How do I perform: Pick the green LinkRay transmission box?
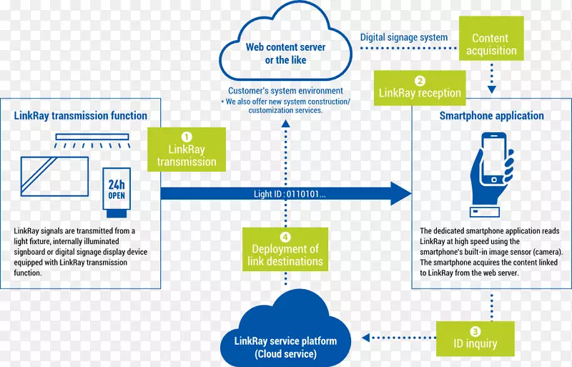coord(187,150)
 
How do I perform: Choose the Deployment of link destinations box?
coord(285,250)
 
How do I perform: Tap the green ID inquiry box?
coord(475,338)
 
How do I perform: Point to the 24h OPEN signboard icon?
coord(117,191)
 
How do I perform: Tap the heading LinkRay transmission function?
coord(80,116)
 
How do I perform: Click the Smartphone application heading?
coord(491,116)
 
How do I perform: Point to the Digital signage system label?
coord(403,37)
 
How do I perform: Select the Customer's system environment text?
coord(285,91)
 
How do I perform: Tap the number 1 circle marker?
coord(187,136)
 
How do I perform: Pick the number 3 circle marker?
coord(475,331)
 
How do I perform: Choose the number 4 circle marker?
coord(285,237)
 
